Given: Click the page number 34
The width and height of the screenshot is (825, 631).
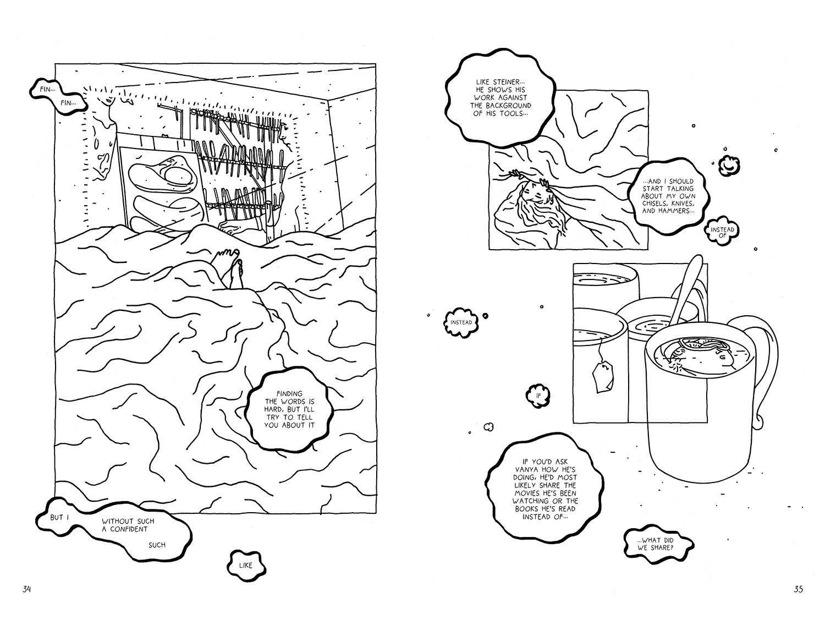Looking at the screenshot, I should pyautogui.click(x=26, y=589).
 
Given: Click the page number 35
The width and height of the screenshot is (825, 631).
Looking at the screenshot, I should pyautogui.click(x=799, y=589).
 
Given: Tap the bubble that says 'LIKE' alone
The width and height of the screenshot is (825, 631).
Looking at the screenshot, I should pyautogui.click(x=246, y=564).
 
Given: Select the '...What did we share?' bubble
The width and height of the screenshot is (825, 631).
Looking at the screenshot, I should pyautogui.click(x=658, y=544).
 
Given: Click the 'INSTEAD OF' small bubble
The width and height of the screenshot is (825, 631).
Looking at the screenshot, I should pyautogui.click(x=722, y=233).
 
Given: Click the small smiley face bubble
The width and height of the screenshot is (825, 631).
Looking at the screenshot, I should pyautogui.click(x=728, y=163).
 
